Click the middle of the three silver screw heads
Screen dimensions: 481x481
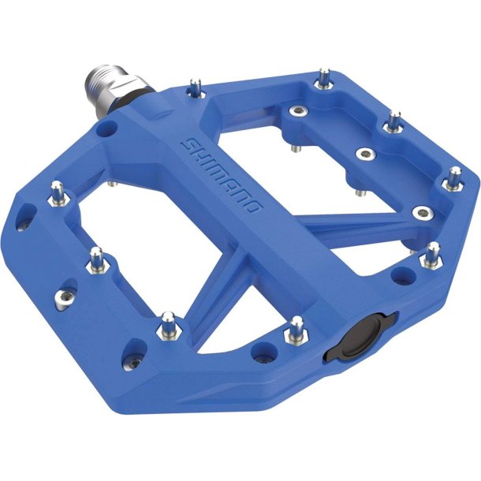click(x=363, y=153)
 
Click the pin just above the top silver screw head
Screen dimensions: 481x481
click(x=323, y=78)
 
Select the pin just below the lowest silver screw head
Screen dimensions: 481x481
click(x=432, y=252)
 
